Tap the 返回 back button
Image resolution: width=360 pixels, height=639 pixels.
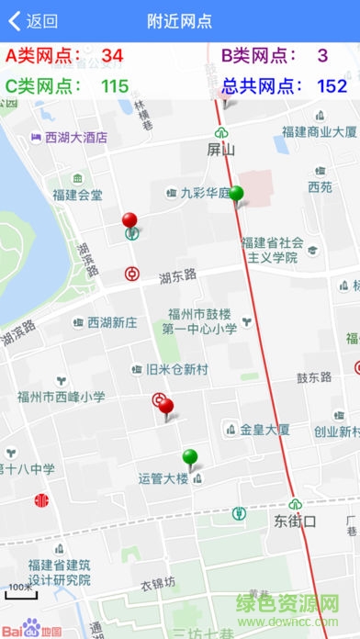33,21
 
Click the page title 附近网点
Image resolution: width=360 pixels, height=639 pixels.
180,21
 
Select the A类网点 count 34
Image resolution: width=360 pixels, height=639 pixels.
112,56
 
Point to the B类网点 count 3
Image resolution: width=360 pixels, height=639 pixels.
322,56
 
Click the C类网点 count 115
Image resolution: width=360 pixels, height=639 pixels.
114,86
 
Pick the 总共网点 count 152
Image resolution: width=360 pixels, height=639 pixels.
332,86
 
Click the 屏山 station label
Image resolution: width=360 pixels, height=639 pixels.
221,149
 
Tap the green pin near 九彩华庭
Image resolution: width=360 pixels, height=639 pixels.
237,195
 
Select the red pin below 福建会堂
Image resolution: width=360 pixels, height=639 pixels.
130,221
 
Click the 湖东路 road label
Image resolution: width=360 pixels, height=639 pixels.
178,275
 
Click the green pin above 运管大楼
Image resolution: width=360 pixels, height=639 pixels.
190,457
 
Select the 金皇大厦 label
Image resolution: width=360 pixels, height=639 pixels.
264,429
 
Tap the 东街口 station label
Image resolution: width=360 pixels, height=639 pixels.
295,521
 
